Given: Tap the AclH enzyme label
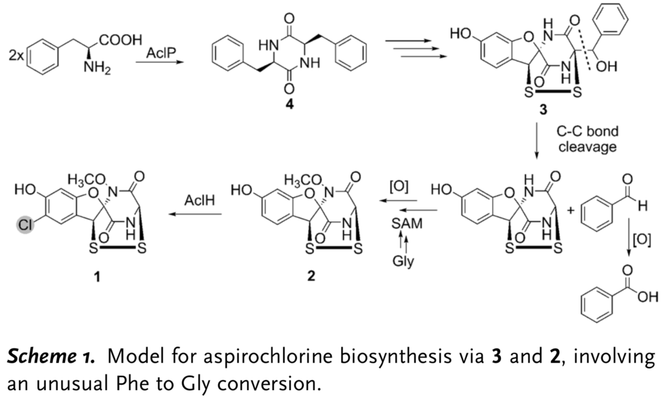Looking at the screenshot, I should (x=198, y=201).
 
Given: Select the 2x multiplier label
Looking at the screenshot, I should (x=17, y=55).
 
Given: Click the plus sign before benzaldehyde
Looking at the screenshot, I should (x=571, y=210).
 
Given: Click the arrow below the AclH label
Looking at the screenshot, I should (x=197, y=214).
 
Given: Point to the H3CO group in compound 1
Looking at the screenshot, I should (x=85, y=180).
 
